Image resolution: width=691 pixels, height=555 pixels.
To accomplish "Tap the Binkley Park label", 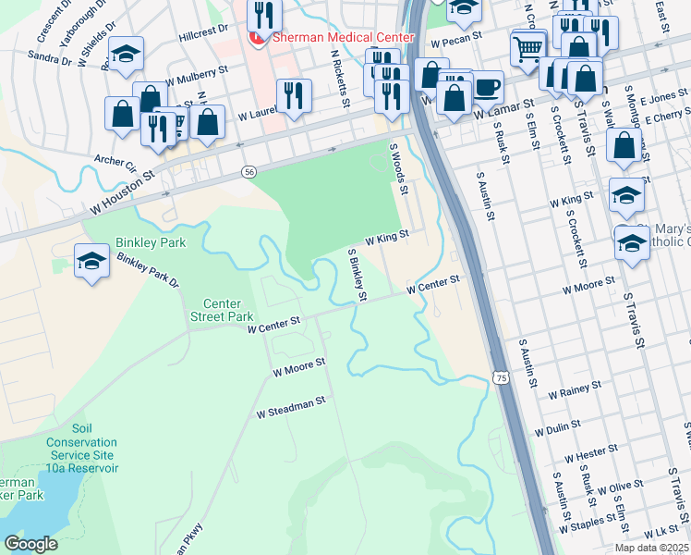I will coord(151,243).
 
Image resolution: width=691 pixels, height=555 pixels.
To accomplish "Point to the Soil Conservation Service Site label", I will coord(83,449).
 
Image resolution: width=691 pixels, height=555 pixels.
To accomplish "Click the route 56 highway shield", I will coord(249,172).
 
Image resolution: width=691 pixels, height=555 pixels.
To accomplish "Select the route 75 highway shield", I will coord(500,377).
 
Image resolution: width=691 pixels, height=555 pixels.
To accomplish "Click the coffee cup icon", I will coord(486,88).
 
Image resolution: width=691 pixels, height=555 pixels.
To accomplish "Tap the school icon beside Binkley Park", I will coord(92,262).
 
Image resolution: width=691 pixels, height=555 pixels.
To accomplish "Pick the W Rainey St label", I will coord(574,388).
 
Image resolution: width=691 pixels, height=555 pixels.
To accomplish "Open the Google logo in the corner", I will coord(30,544).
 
